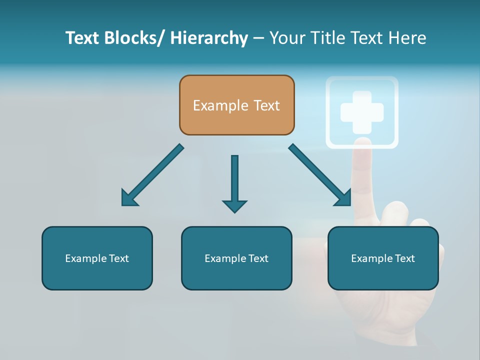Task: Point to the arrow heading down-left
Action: [x=152, y=175]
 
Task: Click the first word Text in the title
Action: [x=83, y=38]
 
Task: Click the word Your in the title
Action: [x=286, y=38]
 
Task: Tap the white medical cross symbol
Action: [x=362, y=112]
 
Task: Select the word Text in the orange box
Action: [x=266, y=105]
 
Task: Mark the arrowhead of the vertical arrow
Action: [x=234, y=205]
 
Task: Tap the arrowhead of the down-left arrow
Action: [x=128, y=198]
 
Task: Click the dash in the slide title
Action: [x=258, y=38]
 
